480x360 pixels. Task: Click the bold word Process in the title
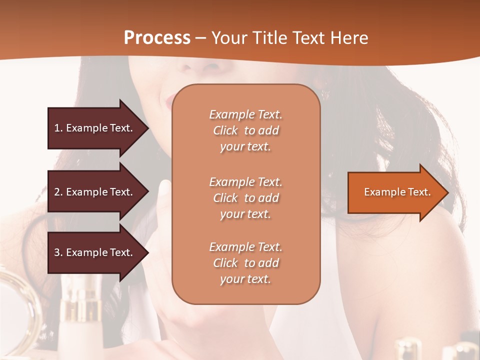pyautogui.click(x=157, y=37)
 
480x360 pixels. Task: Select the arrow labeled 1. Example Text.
pyautogui.click(x=95, y=128)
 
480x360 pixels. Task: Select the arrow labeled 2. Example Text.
pyautogui.click(x=95, y=192)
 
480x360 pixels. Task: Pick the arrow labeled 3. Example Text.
pyautogui.click(x=95, y=252)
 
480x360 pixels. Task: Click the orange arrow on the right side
pyautogui.click(x=395, y=192)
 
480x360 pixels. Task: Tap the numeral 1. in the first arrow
pyautogui.click(x=58, y=128)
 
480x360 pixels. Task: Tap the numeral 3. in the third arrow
pyautogui.click(x=58, y=252)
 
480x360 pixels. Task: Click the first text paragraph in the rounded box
pyautogui.click(x=245, y=130)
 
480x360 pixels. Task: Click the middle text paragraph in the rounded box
pyautogui.click(x=245, y=198)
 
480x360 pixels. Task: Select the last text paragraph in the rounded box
pyautogui.click(x=245, y=263)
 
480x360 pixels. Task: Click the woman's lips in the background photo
pyautogui.click(x=168, y=99)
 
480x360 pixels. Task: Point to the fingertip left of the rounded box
pyautogui.click(x=164, y=188)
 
